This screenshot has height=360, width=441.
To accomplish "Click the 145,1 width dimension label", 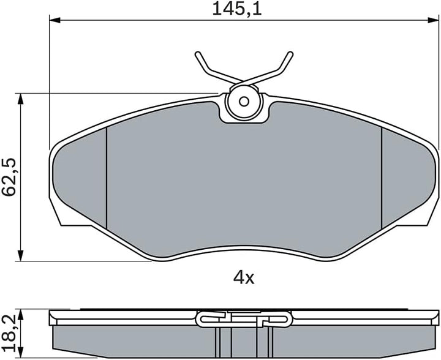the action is tap(237, 9).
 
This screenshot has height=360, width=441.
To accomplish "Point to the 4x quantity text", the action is tap(244, 278).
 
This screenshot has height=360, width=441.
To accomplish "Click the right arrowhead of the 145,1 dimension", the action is tap(433, 20).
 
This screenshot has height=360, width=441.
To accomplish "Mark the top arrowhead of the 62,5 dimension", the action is tap(20, 99).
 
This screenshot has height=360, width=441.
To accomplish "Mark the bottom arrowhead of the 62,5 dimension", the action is tap(20, 255).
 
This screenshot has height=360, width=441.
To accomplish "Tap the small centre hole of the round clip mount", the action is tap(244, 101).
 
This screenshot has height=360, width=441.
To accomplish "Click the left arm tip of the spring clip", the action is tap(197, 54).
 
